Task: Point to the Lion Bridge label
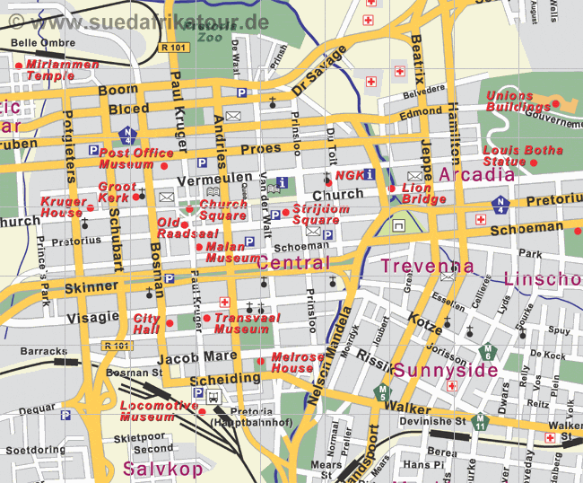tap(424, 193)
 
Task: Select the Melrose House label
tap(297, 362)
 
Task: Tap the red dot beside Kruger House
tap(90, 208)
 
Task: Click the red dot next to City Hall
tap(170, 322)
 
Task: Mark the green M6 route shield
tap(489, 351)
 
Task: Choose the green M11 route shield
tap(482, 420)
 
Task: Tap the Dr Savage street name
tap(318, 74)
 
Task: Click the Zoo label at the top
tap(208, 38)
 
